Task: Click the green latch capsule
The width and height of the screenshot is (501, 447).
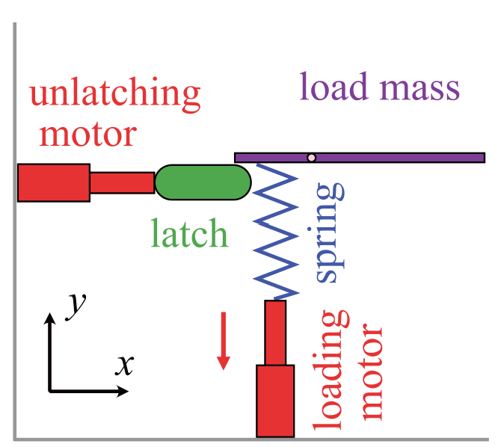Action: [x=203, y=182]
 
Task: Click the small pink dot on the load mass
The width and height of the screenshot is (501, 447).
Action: [x=312, y=157]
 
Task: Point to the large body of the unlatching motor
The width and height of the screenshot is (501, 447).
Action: [x=54, y=182]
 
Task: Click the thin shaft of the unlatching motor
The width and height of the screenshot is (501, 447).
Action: [x=122, y=182]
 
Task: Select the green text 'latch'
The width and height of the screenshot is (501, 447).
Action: [x=189, y=233]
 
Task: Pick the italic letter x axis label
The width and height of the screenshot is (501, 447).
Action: [x=124, y=365]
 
